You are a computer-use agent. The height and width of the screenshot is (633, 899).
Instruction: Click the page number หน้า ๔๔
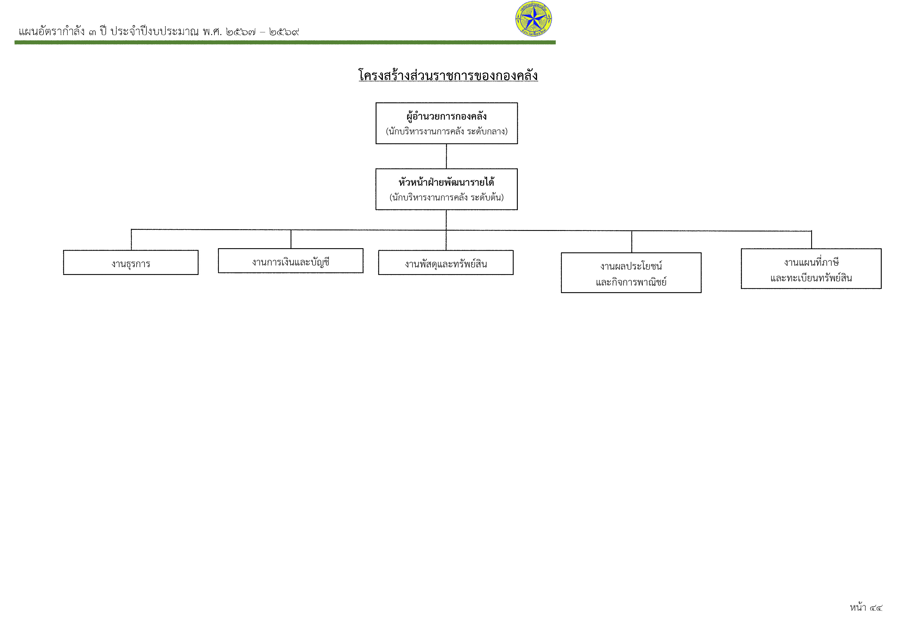pos(866,608)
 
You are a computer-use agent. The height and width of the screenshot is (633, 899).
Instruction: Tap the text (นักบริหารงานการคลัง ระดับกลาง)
pos(447,131)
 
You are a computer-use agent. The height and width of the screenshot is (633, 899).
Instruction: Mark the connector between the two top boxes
pos(446,156)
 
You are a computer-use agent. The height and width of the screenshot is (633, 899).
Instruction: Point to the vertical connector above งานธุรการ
pos(131,240)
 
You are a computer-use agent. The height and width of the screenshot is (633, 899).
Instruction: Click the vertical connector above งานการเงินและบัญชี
pos(291,239)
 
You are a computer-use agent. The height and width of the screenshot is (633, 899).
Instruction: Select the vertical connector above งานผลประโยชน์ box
pos(632,241)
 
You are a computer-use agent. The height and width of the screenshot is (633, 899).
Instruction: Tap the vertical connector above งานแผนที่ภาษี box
pos(811,240)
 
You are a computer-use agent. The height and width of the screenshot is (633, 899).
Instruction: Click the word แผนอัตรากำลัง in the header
pos(52,31)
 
